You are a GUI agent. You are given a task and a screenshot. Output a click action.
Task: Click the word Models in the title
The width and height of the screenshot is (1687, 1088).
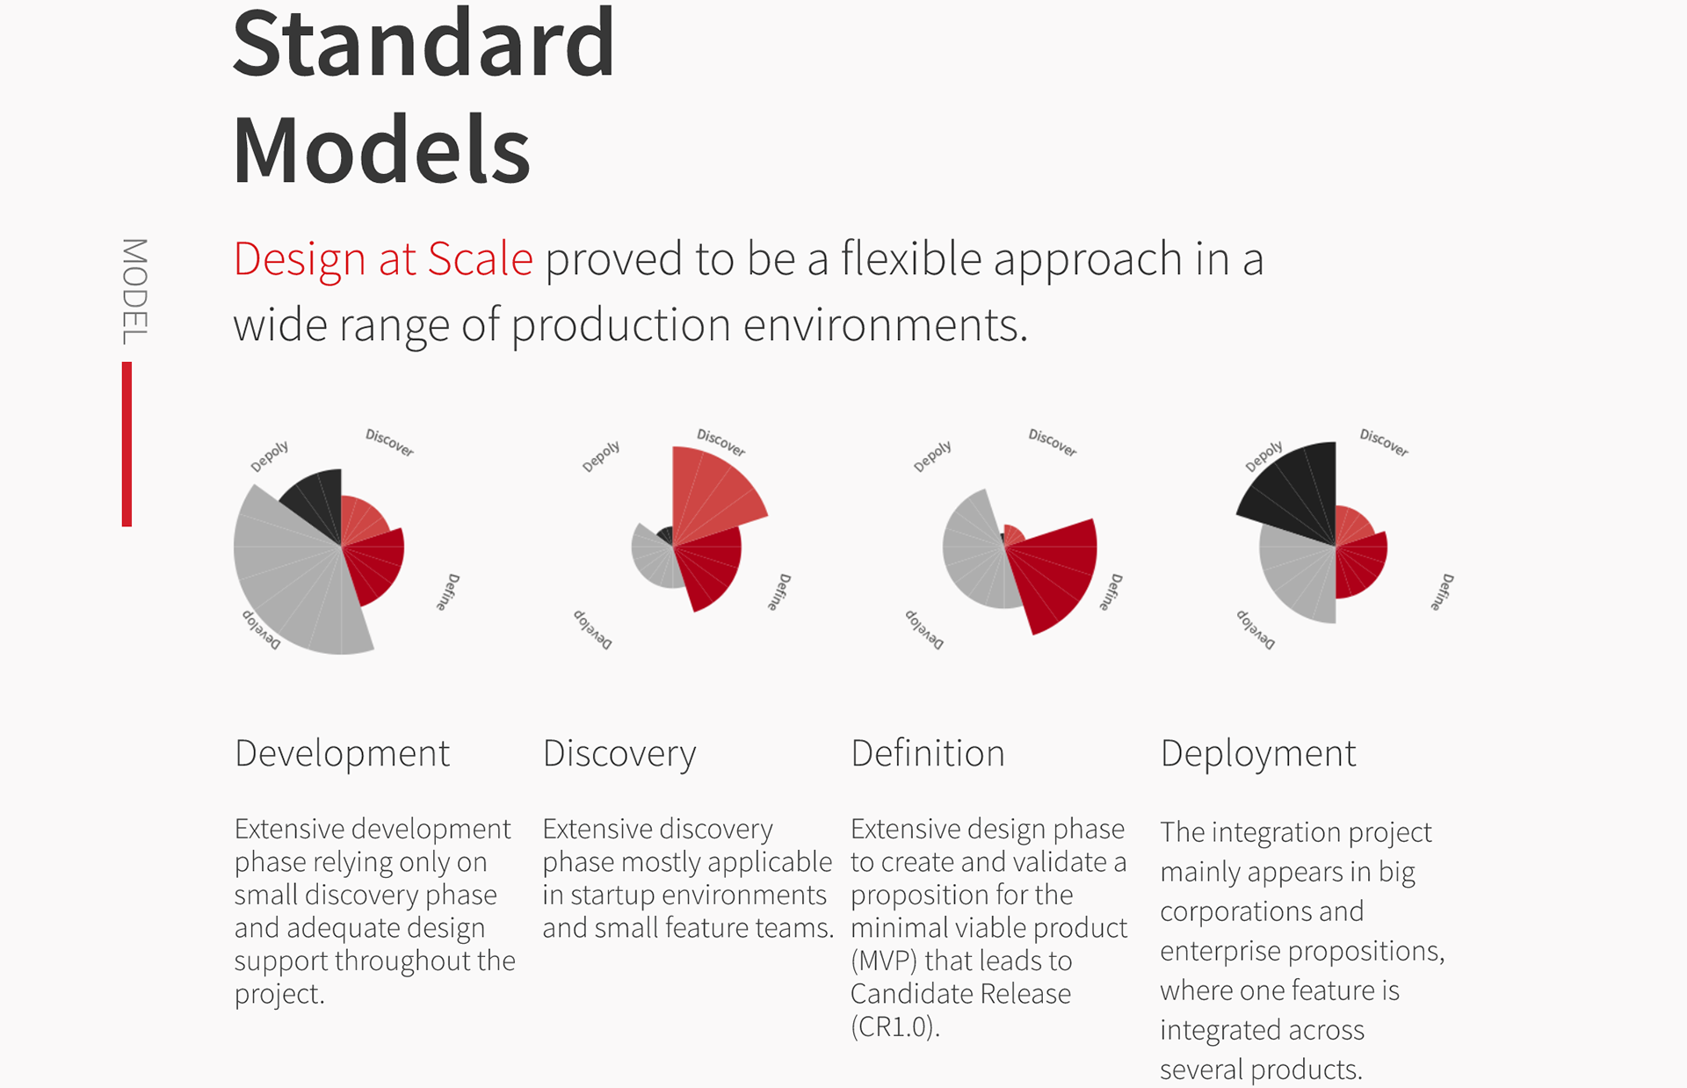point(381,149)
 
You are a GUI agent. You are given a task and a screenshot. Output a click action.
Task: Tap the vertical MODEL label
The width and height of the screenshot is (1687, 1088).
point(134,291)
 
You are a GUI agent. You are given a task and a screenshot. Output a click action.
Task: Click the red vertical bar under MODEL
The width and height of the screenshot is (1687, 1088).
point(127,444)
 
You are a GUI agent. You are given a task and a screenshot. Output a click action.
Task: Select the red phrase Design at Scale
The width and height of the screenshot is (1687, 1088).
point(383,259)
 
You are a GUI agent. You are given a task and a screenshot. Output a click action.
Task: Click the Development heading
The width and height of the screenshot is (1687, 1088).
point(342,754)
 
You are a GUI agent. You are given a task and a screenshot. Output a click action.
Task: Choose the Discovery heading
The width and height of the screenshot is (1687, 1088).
point(619,754)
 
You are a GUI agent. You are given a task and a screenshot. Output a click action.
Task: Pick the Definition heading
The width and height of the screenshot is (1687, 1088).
point(928,753)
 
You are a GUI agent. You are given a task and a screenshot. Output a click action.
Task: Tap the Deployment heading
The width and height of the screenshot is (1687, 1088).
point(1258,754)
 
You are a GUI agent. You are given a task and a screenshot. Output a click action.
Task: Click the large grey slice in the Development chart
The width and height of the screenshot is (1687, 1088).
point(290,580)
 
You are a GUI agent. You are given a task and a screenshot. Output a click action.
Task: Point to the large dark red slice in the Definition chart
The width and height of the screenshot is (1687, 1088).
point(1054,571)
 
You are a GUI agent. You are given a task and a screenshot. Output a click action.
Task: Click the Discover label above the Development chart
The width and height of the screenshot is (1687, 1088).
point(389,442)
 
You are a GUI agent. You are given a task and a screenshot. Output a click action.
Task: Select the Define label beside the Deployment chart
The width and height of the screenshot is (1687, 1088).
point(1442,591)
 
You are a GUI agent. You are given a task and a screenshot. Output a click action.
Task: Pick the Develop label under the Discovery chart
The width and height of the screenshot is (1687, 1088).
point(593,628)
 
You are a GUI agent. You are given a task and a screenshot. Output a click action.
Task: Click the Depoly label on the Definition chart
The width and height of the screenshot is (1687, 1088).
point(932,457)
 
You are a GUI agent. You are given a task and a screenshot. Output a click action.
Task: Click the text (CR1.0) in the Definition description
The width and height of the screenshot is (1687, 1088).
point(895,1026)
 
